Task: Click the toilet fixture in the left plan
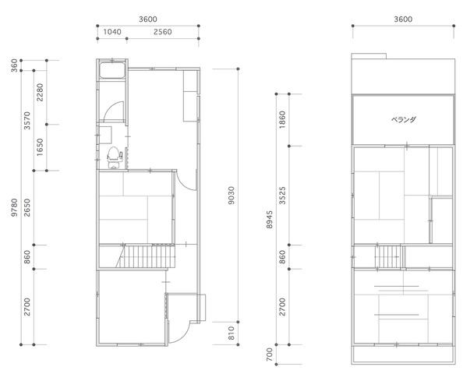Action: [115, 157]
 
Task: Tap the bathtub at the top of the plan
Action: [112, 71]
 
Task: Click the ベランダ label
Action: [404, 119]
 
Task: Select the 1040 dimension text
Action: [112, 32]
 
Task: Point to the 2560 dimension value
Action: [163, 32]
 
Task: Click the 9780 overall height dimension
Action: [14, 207]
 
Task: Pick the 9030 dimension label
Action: [231, 196]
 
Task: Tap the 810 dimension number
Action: [231, 333]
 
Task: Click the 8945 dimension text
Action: [269, 220]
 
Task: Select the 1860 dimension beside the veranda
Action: [282, 119]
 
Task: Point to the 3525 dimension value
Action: [282, 196]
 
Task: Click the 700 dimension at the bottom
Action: [269, 355]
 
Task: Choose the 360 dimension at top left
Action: [14, 65]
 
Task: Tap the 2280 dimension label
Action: [40, 93]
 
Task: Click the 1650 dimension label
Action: [40, 147]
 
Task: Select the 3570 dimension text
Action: [27, 121]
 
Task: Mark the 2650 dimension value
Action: [27, 208]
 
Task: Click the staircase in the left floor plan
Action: [146, 256]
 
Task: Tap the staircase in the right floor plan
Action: [388, 257]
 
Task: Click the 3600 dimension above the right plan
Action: [403, 19]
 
